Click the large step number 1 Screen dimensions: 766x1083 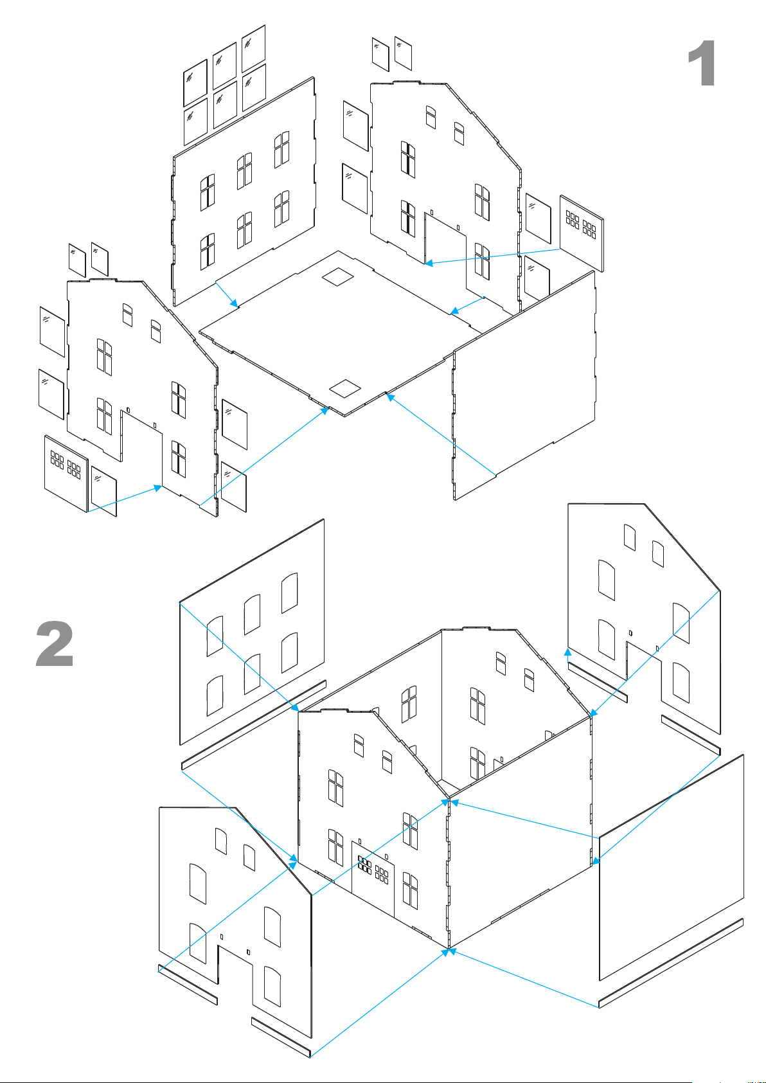click(702, 64)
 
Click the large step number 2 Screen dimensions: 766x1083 click(55, 643)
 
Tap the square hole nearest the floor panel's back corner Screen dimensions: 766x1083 click(338, 277)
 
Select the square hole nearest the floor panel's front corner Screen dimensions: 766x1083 click(345, 388)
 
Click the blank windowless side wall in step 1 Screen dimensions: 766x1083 click(524, 386)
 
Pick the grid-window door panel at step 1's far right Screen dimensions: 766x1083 click(582, 233)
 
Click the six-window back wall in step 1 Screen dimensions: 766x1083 click(244, 192)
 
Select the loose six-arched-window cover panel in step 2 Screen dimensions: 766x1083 click(252, 632)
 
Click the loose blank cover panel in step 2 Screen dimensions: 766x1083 click(672, 868)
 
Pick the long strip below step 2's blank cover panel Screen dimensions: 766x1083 click(671, 963)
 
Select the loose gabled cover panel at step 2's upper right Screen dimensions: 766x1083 click(644, 619)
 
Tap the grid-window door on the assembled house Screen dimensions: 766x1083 click(373, 879)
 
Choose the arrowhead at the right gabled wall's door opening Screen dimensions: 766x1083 click(429, 263)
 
